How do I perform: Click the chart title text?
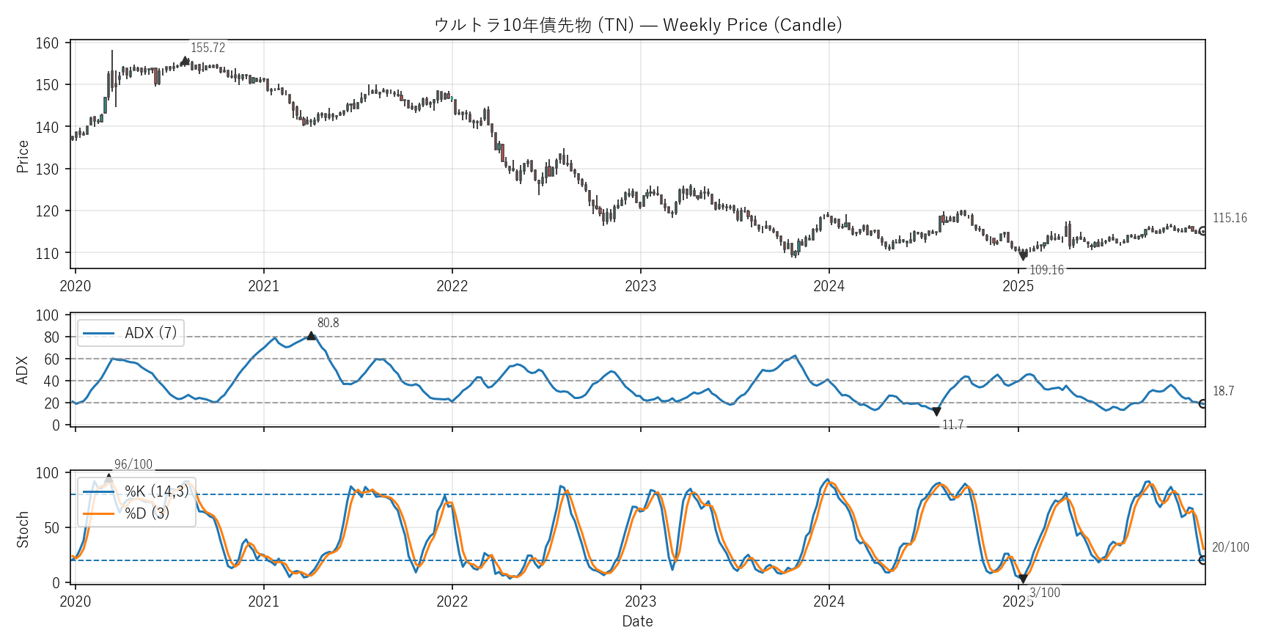point(637,25)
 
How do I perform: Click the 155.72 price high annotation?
point(208,48)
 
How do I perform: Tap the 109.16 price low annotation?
point(1046,270)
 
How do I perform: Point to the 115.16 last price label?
point(1230,218)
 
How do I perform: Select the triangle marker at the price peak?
point(185,61)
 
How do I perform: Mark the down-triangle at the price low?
point(1023,256)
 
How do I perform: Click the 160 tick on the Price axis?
point(47,43)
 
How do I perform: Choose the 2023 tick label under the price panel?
point(640,286)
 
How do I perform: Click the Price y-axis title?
point(23,156)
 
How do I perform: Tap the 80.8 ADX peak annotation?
point(328,323)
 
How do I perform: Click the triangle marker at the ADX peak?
point(311,336)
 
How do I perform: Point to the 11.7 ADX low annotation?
point(952,425)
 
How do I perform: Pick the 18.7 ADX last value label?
point(1223,391)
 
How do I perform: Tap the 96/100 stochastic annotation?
point(133,464)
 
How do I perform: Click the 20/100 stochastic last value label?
point(1230,547)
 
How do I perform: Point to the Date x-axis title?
point(637,621)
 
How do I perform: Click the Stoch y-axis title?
point(23,529)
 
